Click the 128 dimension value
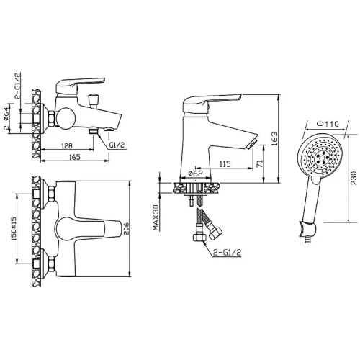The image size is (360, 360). point(67,145)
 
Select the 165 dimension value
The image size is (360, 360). point(74,157)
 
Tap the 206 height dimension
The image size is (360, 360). point(126,228)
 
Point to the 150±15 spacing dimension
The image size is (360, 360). point(13,228)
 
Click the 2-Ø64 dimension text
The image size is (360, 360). point(6,118)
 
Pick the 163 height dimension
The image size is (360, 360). point(274,138)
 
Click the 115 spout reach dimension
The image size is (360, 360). point(225,164)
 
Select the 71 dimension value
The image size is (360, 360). point(260,163)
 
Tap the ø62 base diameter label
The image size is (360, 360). point(196,174)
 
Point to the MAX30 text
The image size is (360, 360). point(156,218)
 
